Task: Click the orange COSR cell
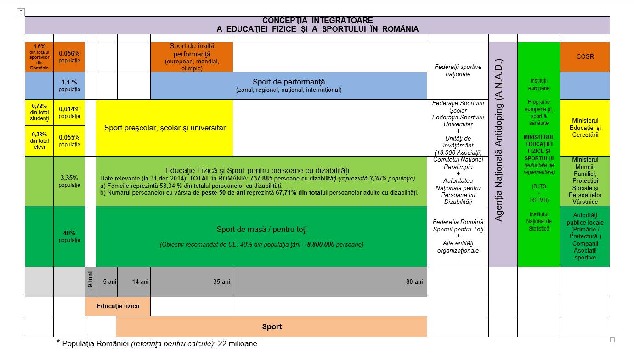click(x=585, y=56)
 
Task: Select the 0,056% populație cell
click(x=69, y=56)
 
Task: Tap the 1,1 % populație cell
click(x=69, y=86)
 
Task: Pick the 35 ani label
click(x=221, y=281)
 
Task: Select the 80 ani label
click(x=414, y=281)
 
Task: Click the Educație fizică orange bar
click(x=118, y=306)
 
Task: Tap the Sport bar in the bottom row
click(x=272, y=326)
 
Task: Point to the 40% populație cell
click(x=69, y=236)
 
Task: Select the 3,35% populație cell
click(x=69, y=181)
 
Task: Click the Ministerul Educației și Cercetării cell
click(x=585, y=128)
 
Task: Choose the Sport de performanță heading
click(x=289, y=82)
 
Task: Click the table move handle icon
click(x=21, y=12)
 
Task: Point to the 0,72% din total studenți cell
click(x=40, y=112)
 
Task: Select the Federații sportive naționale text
click(x=458, y=70)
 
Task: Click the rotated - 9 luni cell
click(x=90, y=282)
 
